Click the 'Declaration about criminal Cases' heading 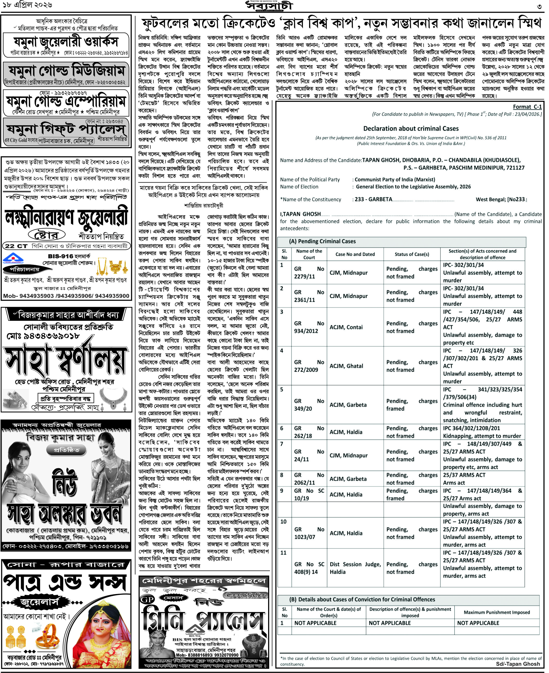[411, 128]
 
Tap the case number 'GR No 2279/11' [309, 272]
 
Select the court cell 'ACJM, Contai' [346, 327]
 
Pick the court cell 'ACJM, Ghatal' [346, 366]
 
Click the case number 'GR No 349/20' [309, 405]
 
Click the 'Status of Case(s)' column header [412, 254]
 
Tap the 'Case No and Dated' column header [355, 254]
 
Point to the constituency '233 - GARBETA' [373, 199]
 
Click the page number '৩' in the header [539, 6]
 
